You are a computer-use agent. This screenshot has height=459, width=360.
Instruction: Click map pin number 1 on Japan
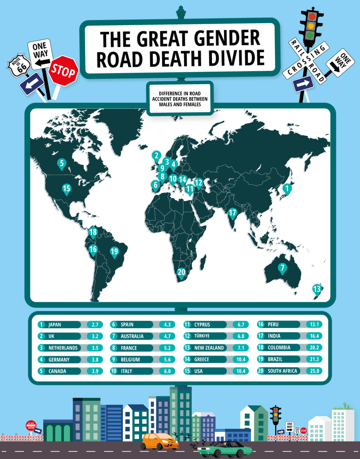(x=287, y=189)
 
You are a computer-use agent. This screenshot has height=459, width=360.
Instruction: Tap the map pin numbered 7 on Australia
(x=282, y=268)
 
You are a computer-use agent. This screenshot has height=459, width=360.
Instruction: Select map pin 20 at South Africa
(x=181, y=272)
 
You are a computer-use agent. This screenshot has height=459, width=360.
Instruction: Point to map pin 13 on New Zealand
(x=317, y=289)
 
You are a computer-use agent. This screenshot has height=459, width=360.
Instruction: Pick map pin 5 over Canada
(x=62, y=163)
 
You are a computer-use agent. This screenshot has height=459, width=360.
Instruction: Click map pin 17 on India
(x=232, y=213)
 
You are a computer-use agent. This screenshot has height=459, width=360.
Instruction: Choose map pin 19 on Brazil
(x=114, y=251)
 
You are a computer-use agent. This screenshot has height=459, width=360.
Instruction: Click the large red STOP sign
(x=63, y=71)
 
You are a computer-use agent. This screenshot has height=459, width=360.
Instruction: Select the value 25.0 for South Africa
(x=314, y=371)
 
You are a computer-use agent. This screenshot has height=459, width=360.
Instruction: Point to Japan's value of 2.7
(x=95, y=325)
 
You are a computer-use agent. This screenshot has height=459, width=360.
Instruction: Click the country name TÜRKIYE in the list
(x=202, y=336)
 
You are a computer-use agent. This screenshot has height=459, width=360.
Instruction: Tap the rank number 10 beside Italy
(x=114, y=371)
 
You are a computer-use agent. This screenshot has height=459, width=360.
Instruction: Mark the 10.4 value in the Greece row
(x=241, y=359)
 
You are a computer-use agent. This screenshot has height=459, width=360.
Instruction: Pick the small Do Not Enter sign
(x=31, y=425)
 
